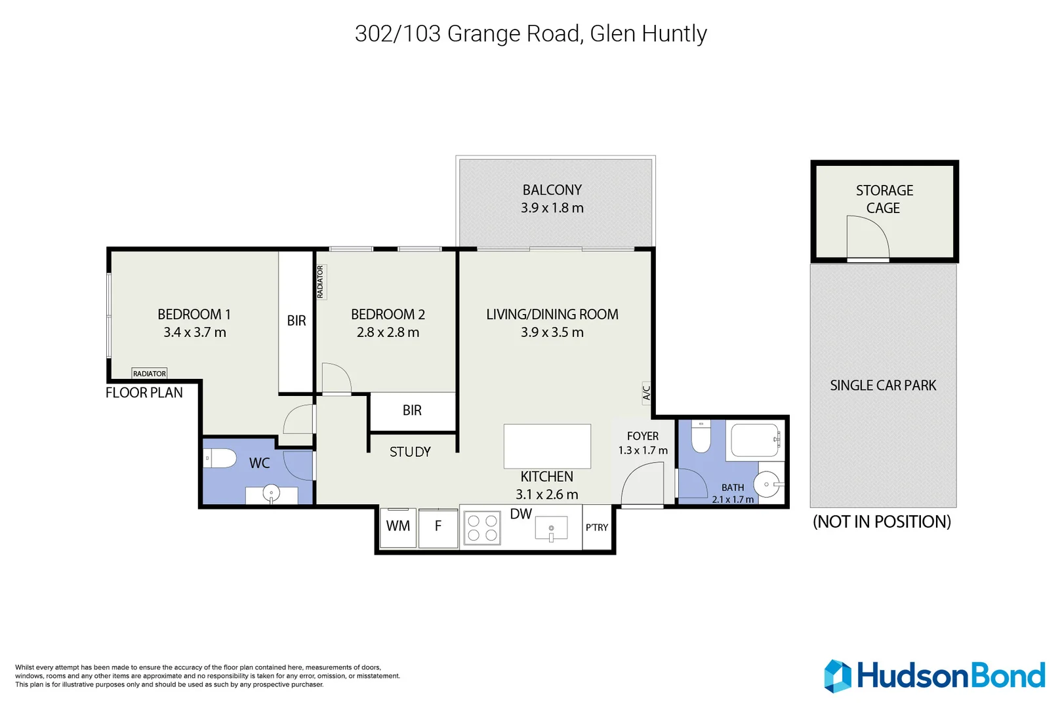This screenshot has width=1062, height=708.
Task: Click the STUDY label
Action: pyautogui.click(x=410, y=452)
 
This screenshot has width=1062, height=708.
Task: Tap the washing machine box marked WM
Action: pyautogui.click(x=398, y=528)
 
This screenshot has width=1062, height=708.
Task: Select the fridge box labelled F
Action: pyautogui.click(x=438, y=528)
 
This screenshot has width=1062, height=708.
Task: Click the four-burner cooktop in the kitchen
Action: pyautogui.click(x=482, y=528)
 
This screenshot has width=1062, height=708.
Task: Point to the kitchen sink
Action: pyautogui.click(x=551, y=528)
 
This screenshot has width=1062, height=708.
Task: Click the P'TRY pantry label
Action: pyautogui.click(x=597, y=528)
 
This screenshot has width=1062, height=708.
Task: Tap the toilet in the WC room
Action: pyautogui.click(x=220, y=458)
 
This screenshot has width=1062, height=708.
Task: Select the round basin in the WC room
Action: pyautogui.click(x=271, y=492)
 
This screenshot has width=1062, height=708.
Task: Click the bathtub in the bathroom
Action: pyautogui.click(x=756, y=441)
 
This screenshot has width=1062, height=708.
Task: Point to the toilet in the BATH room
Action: pyautogui.click(x=701, y=436)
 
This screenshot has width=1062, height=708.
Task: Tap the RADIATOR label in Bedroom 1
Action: pyautogui.click(x=150, y=374)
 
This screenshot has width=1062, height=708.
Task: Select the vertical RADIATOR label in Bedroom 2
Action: pyautogui.click(x=321, y=282)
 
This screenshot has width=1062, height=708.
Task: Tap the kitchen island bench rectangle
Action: pyautogui.click(x=547, y=446)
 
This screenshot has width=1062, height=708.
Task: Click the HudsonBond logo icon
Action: pyautogui.click(x=838, y=677)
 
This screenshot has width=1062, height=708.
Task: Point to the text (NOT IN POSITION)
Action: pyautogui.click(x=882, y=522)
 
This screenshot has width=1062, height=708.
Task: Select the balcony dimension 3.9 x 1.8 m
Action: pyautogui.click(x=552, y=208)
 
